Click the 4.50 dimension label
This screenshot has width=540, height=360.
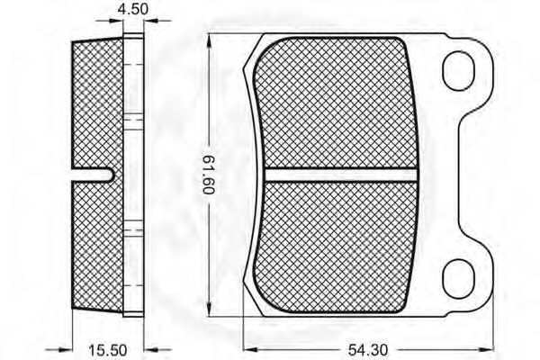[x=133, y=9]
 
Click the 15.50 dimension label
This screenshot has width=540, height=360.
[x=108, y=350]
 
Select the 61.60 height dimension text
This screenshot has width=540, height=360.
[x=208, y=175]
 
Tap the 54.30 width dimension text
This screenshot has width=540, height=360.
[x=368, y=350]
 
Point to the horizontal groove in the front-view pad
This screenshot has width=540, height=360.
[x=341, y=175]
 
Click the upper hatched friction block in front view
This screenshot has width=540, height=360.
[x=336, y=103]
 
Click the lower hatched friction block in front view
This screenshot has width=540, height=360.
[x=336, y=247]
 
